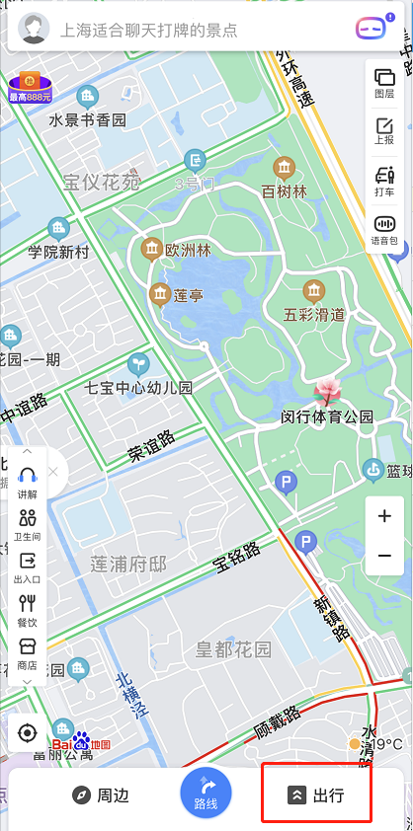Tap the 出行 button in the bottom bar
(316, 794)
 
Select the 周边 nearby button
(101, 794)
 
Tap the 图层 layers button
(384, 82)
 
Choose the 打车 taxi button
(384, 182)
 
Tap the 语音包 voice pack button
(384, 230)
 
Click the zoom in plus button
(384, 516)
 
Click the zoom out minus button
(384, 557)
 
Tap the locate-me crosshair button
(28, 733)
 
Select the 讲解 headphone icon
(28, 483)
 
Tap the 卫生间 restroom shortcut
(28, 524)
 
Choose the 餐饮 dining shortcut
(28, 610)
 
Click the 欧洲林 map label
(188, 251)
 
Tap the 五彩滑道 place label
(314, 315)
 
